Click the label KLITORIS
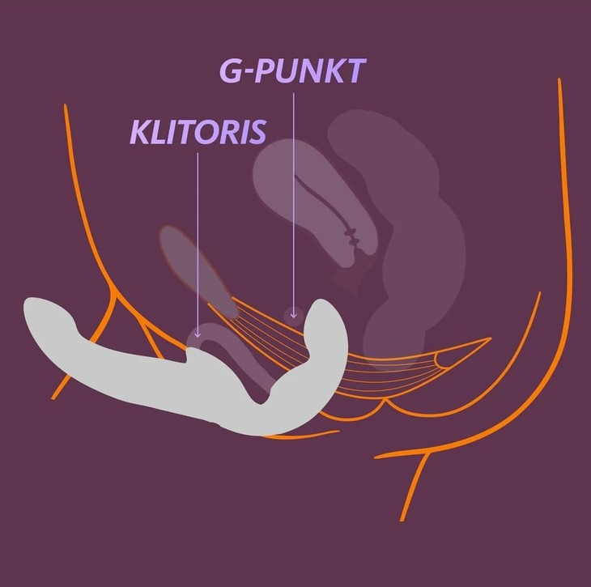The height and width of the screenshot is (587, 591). pos(198,133)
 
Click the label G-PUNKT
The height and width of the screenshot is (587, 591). pos(293,72)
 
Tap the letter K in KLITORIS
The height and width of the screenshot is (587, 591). pos(139,133)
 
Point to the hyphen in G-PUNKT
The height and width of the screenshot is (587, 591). pos(249,73)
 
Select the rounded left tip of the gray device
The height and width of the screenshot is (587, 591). pos(36,316)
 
